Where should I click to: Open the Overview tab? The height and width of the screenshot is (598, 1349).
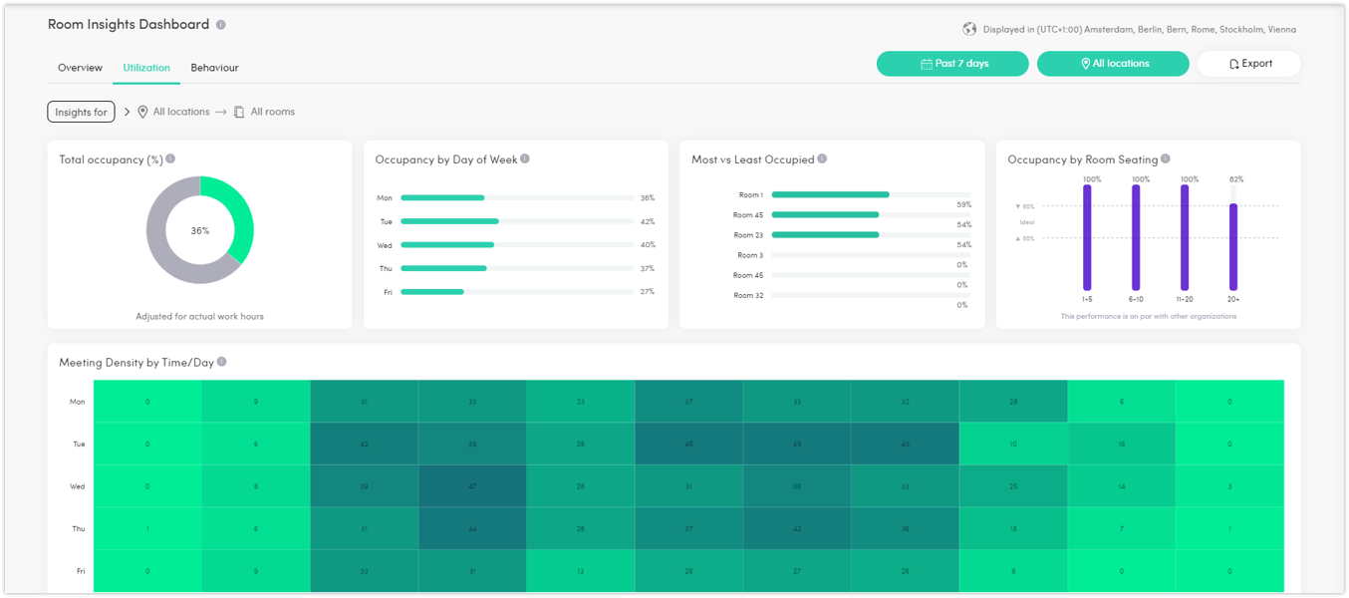pyautogui.click(x=80, y=68)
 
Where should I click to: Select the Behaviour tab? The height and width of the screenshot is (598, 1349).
pyautogui.click(x=214, y=68)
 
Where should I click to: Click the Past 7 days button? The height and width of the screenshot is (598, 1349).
pyautogui.click(x=952, y=64)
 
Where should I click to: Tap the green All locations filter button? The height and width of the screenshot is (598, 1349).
pyautogui.click(x=1113, y=64)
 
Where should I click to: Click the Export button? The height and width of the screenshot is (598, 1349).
pyautogui.click(x=1249, y=64)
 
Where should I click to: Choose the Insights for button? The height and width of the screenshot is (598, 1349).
pyautogui.click(x=81, y=113)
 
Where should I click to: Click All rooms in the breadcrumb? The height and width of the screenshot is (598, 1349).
pyautogui.click(x=272, y=113)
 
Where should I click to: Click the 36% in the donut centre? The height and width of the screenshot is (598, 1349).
pyautogui.click(x=200, y=230)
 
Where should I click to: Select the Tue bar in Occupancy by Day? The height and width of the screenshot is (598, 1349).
pyautogui.click(x=449, y=221)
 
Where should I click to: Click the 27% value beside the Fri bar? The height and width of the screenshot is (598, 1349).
pyautogui.click(x=647, y=292)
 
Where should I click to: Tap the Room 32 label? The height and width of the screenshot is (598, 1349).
pyautogui.click(x=748, y=296)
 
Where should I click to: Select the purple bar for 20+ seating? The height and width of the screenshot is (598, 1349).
pyautogui.click(x=1232, y=247)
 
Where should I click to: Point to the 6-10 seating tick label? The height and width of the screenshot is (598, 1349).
pyautogui.click(x=1136, y=299)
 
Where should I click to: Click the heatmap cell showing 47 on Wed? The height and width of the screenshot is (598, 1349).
pyautogui.click(x=472, y=486)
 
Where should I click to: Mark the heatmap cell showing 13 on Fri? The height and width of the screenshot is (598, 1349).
pyautogui.click(x=580, y=571)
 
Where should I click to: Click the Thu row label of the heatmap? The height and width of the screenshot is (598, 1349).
pyautogui.click(x=78, y=529)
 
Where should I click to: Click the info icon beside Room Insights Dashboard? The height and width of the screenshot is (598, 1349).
pyautogui.click(x=221, y=25)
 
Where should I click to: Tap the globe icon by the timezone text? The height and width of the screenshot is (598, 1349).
pyautogui.click(x=969, y=29)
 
